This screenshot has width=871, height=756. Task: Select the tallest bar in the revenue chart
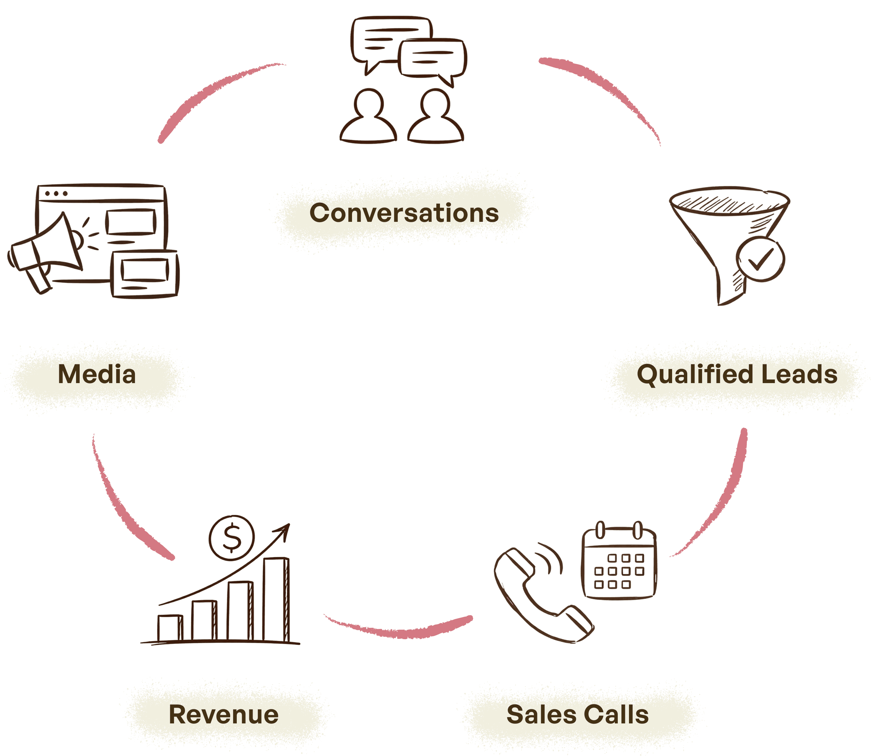tap(276, 599)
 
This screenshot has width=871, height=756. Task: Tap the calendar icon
tap(619, 561)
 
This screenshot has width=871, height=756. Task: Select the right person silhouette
tap(435, 118)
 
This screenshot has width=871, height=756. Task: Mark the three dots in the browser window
tap(56, 194)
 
